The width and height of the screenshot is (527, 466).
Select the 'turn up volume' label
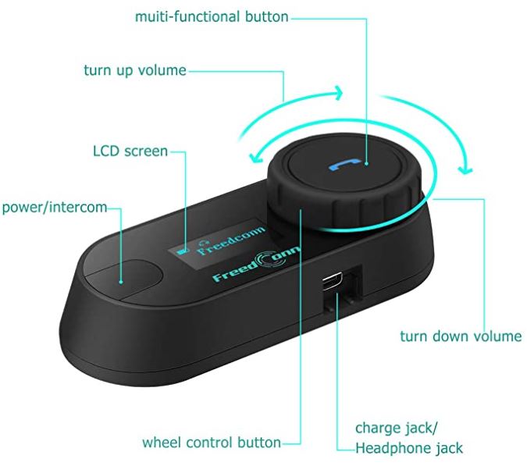(135, 71)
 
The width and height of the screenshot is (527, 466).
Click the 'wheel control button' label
(211, 443)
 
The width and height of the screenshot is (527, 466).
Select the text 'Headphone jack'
(408, 448)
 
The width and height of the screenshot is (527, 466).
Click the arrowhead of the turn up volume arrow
(336, 94)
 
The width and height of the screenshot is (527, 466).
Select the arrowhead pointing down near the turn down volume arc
(468, 166)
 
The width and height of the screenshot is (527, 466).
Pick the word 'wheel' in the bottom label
(161, 443)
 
